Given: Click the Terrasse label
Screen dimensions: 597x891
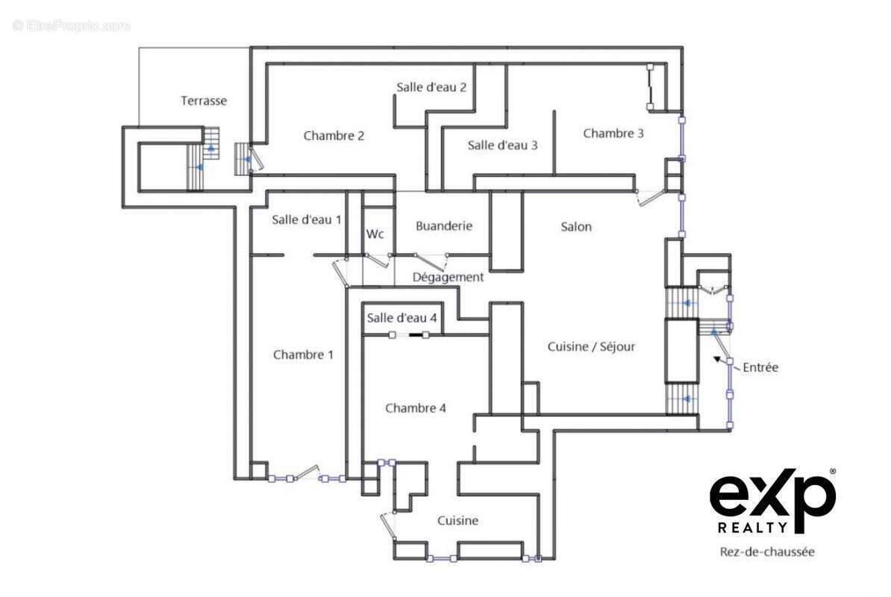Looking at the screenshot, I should pyautogui.click(x=204, y=101).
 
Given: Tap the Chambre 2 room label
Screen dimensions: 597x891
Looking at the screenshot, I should pyautogui.click(x=334, y=136).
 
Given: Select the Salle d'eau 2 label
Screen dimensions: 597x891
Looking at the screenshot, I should pyautogui.click(x=431, y=87).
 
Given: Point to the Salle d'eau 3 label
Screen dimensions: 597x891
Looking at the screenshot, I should pyautogui.click(x=502, y=146).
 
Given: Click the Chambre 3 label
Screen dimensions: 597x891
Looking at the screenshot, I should pyautogui.click(x=613, y=134).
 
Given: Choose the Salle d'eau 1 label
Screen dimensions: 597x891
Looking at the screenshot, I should pyautogui.click(x=306, y=219).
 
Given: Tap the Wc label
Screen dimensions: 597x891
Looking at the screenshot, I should pyautogui.click(x=375, y=234).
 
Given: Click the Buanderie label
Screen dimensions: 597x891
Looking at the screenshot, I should pyautogui.click(x=444, y=225).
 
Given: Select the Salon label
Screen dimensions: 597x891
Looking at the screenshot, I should pyautogui.click(x=576, y=227).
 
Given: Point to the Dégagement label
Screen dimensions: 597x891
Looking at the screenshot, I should pyautogui.click(x=448, y=277).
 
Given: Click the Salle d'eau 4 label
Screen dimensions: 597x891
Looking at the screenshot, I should pyautogui.click(x=402, y=318).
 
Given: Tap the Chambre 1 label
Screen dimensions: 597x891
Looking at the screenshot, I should pyautogui.click(x=303, y=354).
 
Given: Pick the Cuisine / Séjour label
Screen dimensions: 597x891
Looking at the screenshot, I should pyautogui.click(x=592, y=347).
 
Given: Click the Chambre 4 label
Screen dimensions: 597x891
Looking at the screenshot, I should pyautogui.click(x=416, y=408).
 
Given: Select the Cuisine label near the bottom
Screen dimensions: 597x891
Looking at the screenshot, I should pyautogui.click(x=457, y=521).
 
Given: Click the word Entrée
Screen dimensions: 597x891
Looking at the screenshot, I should pyautogui.click(x=760, y=367).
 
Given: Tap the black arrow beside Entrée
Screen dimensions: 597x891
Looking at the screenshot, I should pyautogui.click(x=721, y=361).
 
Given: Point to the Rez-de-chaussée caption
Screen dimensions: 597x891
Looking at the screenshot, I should pyautogui.click(x=766, y=552).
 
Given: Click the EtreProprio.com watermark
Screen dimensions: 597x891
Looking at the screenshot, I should pyautogui.click(x=72, y=25).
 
